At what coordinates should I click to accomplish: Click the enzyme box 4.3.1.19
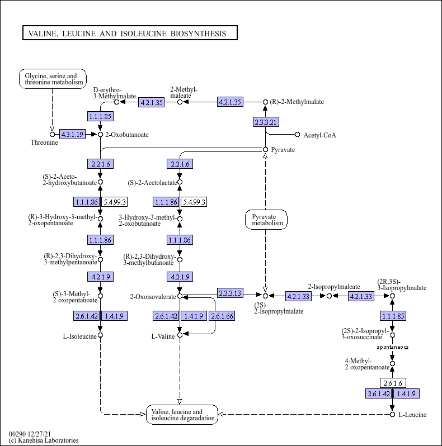(x=72, y=134)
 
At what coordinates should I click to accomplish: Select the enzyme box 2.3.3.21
(x=266, y=122)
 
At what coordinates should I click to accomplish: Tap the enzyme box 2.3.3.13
(x=230, y=293)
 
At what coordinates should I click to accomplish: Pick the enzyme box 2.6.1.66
(x=222, y=316)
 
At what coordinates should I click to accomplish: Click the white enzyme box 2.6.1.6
(x=393, y=383)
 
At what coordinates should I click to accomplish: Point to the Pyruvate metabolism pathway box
(x=266, y=220)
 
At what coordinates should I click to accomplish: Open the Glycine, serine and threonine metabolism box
(x=53, y=79)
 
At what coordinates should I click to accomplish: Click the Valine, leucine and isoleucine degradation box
(x=182, y=415)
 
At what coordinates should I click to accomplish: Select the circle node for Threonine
(x=52, y=134)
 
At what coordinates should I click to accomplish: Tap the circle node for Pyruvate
(x=265, y=150)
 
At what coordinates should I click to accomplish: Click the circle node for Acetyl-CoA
(x=297, y=135)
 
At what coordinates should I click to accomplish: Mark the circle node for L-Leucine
(x=392, y=415)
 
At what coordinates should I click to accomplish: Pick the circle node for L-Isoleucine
(x=100, y=335)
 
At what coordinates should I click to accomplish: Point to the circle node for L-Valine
(x=180, y=335)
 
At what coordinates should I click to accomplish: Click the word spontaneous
(x=393, y=347)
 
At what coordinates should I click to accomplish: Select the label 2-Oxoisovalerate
(x=153, y=297)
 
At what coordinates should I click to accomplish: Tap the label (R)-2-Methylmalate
(x=297, y=102)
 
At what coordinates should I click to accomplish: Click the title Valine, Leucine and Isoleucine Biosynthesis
(x=128, y=34)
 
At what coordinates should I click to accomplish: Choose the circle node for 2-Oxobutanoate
(x=100, y=134)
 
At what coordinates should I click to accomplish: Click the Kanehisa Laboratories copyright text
(x=44, y=440)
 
